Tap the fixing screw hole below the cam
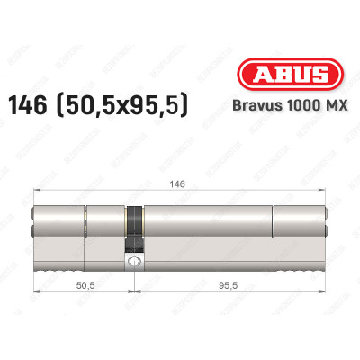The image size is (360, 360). click(134, 262)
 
